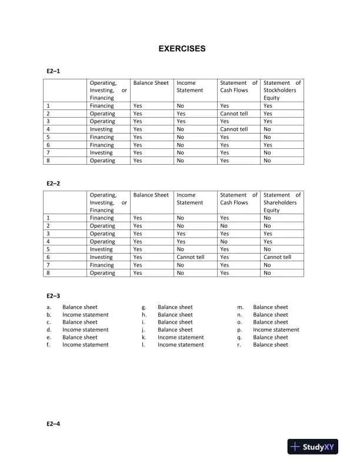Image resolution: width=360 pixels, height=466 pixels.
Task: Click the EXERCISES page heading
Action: tap(182, 49)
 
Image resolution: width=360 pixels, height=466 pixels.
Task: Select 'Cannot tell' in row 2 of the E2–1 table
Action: tap(234, 114)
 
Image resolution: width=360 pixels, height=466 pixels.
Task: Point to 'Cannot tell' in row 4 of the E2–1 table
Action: tap(234, 129)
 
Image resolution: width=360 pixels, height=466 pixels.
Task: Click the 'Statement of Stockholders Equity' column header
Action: tap(282, 91)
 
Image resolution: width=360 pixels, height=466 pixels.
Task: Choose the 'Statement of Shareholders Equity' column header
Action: tap(282, 202)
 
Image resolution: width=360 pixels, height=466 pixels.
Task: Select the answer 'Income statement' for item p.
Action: tap(276, 330)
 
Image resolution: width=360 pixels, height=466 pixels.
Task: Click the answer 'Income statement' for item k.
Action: tap(181, 338)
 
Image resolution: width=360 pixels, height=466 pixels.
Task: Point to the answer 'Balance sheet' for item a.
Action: tap(80, 307)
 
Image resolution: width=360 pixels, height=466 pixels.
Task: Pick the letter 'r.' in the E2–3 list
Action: tap(239, 345)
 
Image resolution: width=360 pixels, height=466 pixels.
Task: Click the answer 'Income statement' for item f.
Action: tap(85, 345)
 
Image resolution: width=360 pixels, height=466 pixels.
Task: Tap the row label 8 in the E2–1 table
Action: tap(48, 160)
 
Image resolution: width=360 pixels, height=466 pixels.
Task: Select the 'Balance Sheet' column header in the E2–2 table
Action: tap(151, 195)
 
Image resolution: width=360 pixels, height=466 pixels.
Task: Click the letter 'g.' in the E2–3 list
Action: tap(144, 307)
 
